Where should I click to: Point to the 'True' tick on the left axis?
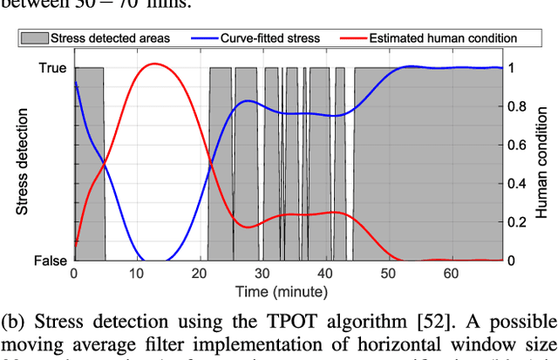tap(51, 67)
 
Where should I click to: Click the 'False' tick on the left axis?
tap(50, 261)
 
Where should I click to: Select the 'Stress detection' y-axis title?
tap(24, 163)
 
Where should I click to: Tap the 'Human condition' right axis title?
tap(542, 164)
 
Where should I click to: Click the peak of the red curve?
tap(153, 64)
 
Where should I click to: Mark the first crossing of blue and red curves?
tap(105, 163)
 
